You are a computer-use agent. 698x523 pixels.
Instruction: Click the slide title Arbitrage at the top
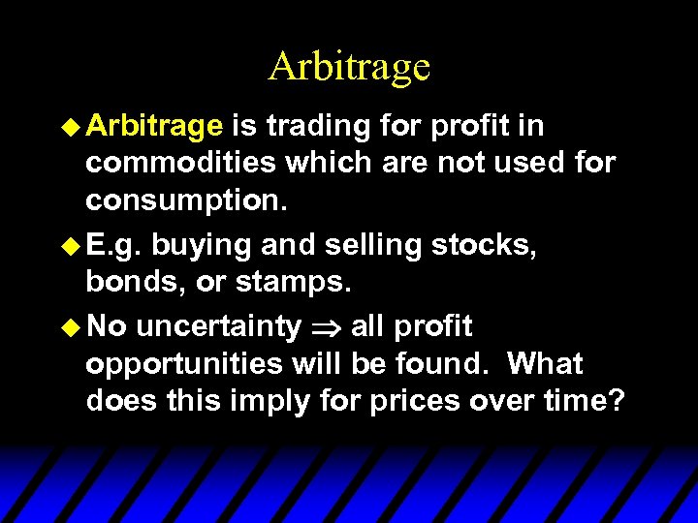coord(349,67)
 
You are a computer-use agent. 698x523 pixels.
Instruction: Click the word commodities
coord(181,163)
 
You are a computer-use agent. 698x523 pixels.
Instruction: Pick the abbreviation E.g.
coord(113,246)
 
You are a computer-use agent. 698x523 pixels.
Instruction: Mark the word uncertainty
coord(218,327)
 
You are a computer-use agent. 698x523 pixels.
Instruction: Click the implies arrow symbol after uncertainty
coord(325,328)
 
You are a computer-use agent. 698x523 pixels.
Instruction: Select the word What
coord(545,364)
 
